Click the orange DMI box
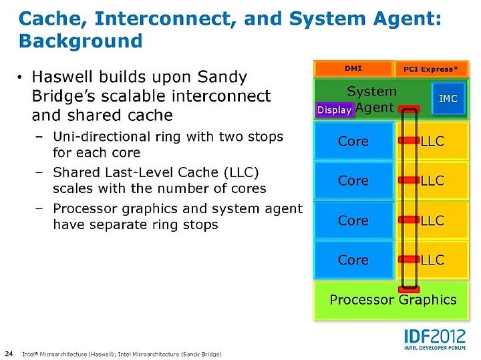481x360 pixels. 353,69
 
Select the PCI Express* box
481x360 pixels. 431,69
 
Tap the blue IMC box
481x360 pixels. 448,98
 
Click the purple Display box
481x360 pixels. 335,110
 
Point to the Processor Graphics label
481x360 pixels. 393,300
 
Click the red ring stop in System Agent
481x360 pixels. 409,109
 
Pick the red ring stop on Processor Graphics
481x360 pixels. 409,289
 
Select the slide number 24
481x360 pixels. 9,353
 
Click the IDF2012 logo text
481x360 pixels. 435,337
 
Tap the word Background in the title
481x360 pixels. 81,41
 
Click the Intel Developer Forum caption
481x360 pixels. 435,348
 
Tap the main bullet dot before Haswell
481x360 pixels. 20,77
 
